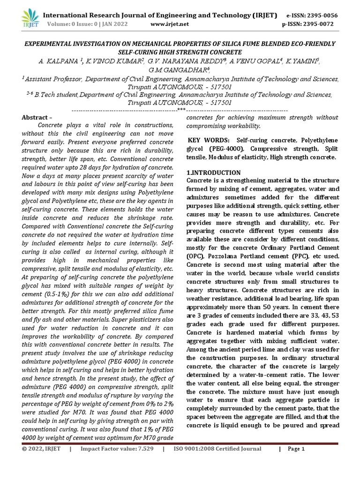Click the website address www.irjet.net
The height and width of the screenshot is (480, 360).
(x=170, y=24)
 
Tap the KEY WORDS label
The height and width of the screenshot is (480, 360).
(x=209, y=141)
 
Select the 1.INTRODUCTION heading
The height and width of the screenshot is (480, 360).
(x=213, y=172)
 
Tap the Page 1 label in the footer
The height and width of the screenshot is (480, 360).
(x=296, y=449)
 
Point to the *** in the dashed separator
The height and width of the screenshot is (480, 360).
(x=181, y=109)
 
